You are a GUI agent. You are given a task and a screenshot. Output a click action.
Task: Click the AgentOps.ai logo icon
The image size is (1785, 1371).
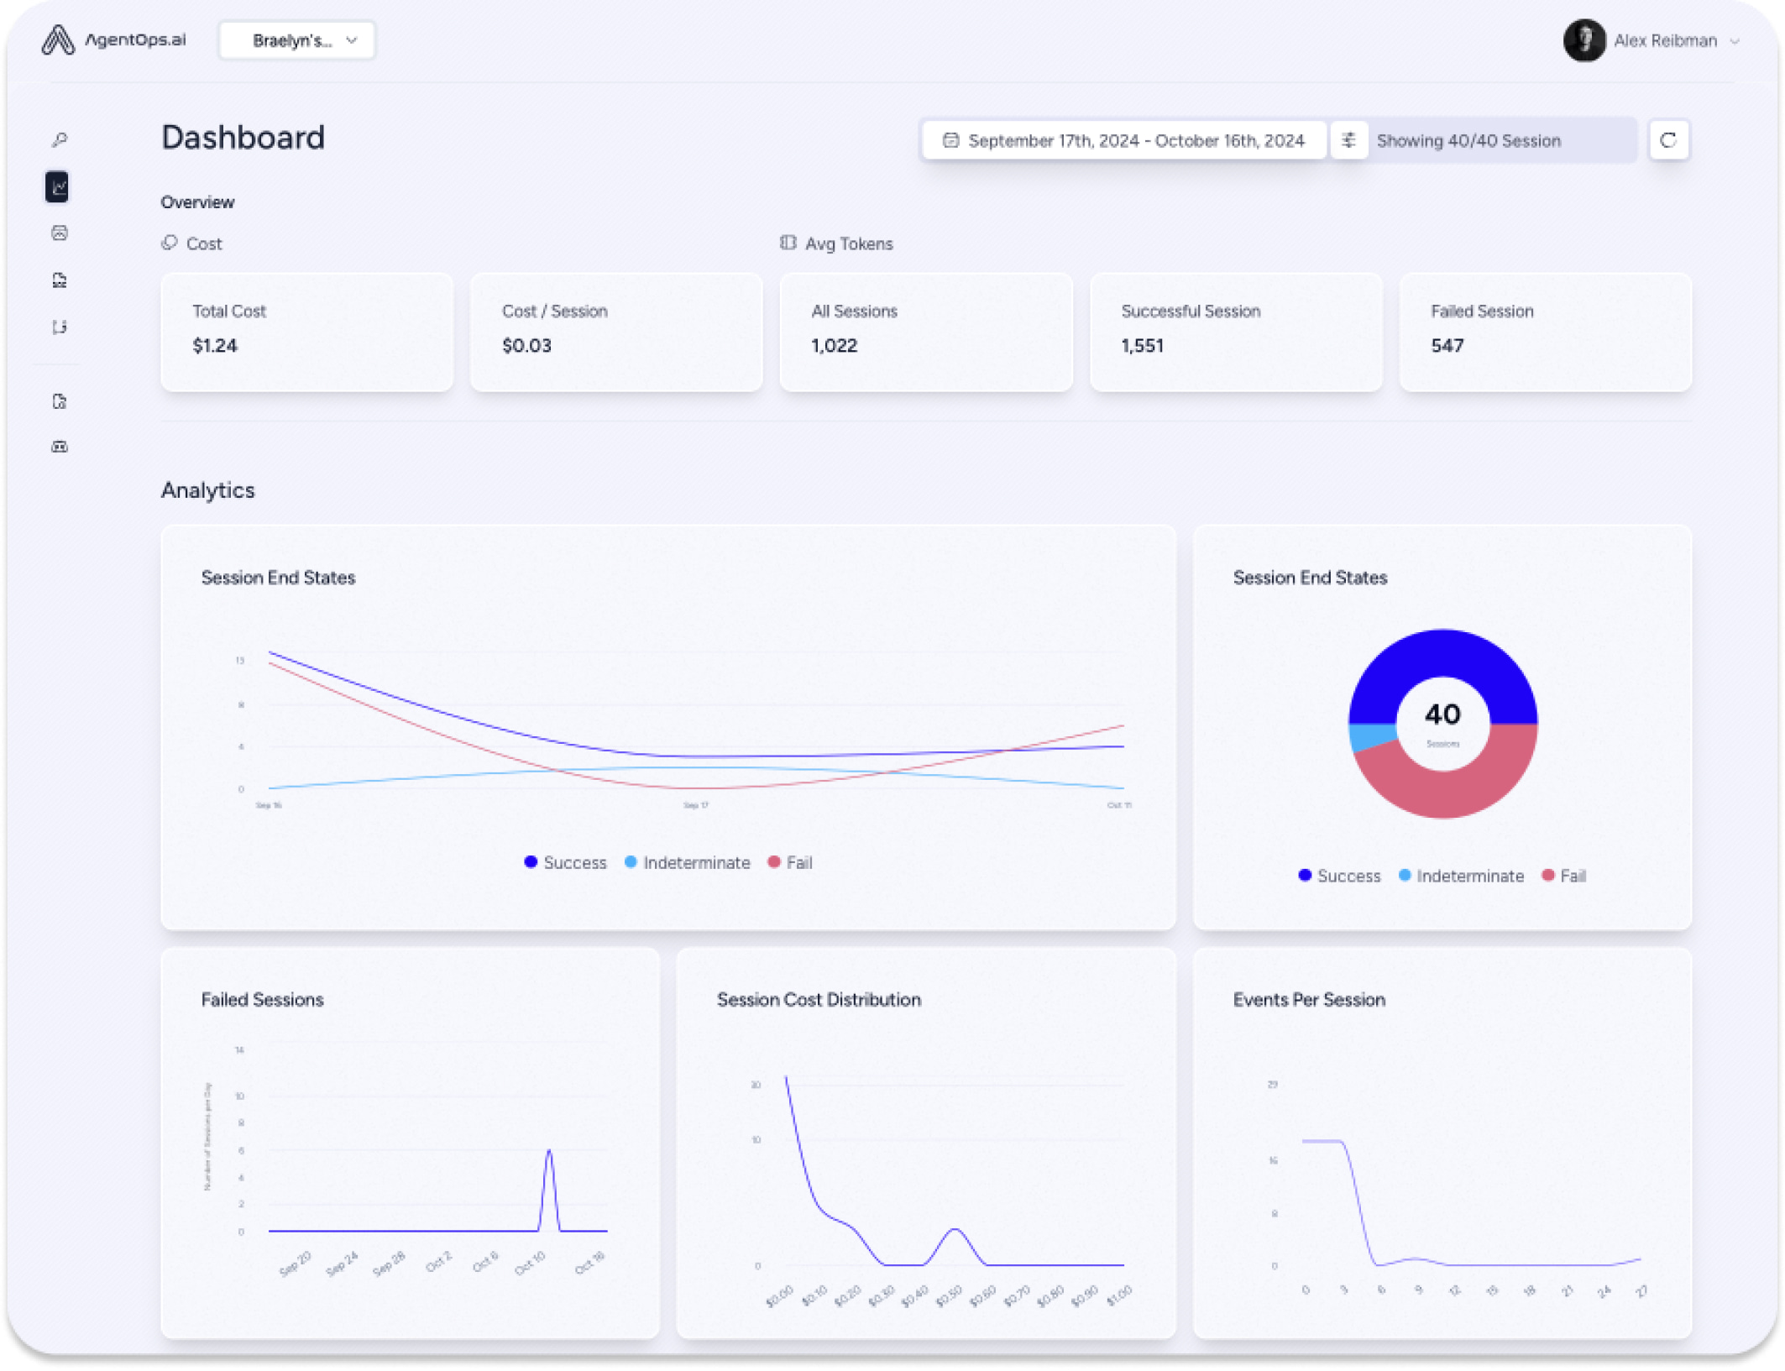coord(57,39)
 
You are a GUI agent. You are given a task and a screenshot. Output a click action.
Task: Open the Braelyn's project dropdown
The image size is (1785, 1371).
coord(296,40)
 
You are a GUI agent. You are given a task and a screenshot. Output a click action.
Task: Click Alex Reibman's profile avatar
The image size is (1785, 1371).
coord(1583,40)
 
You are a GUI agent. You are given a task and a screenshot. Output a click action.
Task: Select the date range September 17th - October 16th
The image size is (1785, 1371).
coord(1124,140)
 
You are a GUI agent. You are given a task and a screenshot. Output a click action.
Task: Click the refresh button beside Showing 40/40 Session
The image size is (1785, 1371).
coord(1667,140)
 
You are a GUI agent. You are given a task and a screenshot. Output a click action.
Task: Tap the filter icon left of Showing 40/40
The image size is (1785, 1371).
coord(1348,140)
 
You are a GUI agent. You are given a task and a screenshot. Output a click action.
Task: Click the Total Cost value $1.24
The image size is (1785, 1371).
coord(215,346)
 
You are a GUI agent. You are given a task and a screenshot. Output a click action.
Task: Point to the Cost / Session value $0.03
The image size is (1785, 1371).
coord(526,346)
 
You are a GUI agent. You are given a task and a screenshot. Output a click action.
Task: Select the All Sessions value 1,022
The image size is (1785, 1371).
coord(834,346)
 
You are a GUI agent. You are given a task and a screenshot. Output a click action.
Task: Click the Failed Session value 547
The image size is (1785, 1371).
coord(1447,346)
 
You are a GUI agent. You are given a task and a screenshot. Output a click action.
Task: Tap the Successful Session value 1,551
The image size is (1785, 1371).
coord(1142,346)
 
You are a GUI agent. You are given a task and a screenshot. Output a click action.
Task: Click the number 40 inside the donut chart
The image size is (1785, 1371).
coord(1442,714)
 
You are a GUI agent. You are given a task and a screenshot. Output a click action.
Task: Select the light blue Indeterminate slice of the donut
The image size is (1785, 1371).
coord(1369,736)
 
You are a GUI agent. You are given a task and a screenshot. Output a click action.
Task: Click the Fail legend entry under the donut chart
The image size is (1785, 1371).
coord(1564,876)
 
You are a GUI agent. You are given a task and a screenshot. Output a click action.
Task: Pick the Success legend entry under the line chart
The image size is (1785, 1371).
coord(565,862)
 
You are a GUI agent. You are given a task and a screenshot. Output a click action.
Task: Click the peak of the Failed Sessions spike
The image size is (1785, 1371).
coord(549,1151)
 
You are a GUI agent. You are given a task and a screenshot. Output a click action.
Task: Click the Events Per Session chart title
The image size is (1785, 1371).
coord(1308,999)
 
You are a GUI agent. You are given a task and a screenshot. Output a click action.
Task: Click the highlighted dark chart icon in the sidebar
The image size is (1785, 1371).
coord(58,186)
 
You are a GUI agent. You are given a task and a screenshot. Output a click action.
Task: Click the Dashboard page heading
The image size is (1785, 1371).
coord(243,138)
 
